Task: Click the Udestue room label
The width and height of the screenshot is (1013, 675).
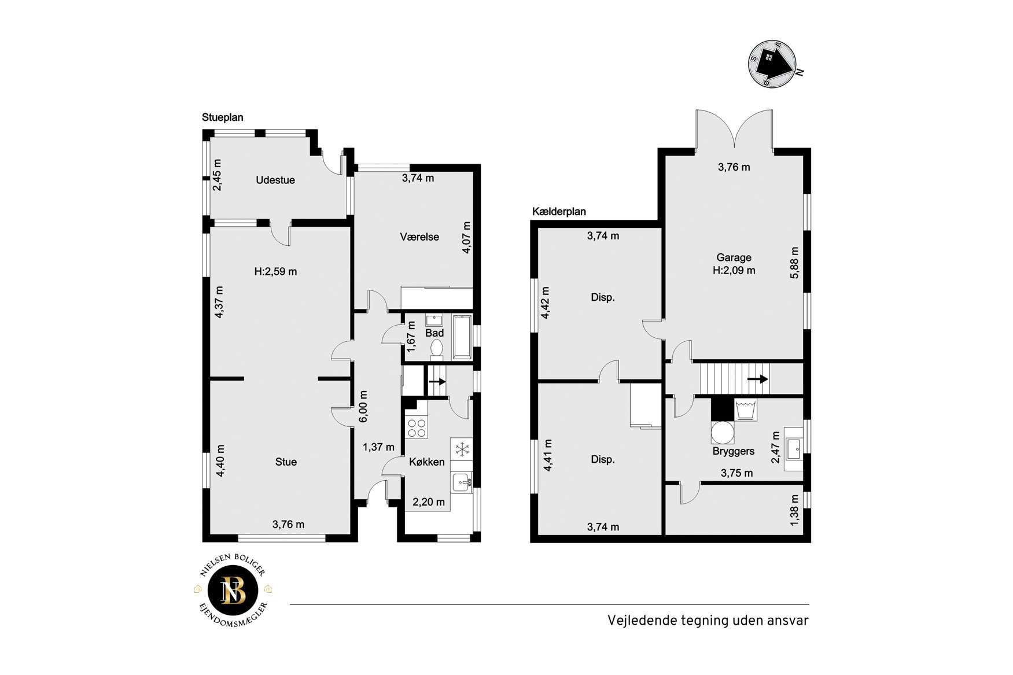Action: coord(275,180)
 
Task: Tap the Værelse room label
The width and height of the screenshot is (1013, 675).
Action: coord(419,237)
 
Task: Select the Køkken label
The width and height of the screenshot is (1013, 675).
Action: coord(427,462)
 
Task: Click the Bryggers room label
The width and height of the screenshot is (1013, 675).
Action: coord(734,451)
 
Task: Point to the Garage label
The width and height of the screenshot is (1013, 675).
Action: coord(734,257)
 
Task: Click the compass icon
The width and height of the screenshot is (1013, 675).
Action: coord(773,64)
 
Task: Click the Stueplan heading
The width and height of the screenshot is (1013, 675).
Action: coord(222,117)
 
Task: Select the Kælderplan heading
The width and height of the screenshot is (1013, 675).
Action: coord(559,212)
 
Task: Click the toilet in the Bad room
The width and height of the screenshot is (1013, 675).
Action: coord(436,349)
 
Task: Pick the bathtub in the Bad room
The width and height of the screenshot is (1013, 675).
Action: coord(462,337)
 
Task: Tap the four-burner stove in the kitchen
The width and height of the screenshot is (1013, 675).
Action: coord(417,427)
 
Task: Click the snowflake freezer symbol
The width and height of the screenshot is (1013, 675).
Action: coord(462,449)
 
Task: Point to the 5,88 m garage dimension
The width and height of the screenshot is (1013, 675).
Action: coord(795,263)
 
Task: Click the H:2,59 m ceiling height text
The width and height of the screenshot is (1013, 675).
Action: coord(275,271)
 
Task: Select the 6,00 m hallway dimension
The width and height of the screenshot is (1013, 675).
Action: coord(363,407)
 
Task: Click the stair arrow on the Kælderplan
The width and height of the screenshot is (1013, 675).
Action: coord(757,379)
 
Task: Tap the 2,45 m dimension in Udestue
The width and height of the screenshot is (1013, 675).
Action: coord(217,175)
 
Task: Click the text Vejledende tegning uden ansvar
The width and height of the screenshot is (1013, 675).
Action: coord(708,621)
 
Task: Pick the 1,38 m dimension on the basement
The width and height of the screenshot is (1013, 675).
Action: coord(794,510)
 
